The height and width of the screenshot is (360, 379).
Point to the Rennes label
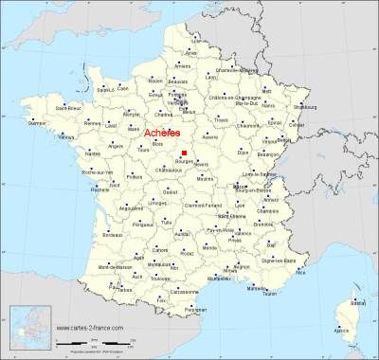pyautogui.click(x=93, y=123)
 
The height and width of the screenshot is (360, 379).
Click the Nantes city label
pyautogui.click(x=92, y=153)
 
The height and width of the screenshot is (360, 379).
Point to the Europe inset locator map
pyautogui.click(x=27, y=326)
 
